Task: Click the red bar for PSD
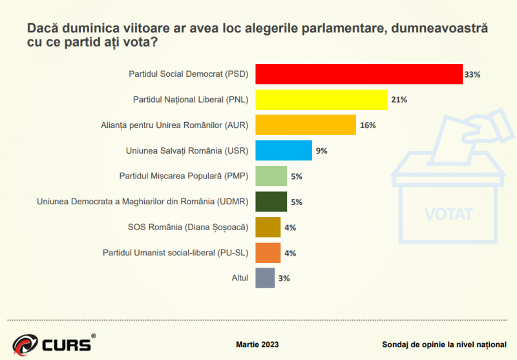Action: click(x=359, y=74)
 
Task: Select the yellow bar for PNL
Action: click(x=321, y=100)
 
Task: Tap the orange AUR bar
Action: click(x=306, y=125)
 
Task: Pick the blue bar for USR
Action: click(x=284, y=150)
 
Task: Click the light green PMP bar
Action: click(x=271, y=176)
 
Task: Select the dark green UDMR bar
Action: click(x=271, y=202)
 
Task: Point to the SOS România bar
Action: click(x=268, y=227)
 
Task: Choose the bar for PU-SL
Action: click(x=268, y=253)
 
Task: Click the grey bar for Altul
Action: click(x=265, y=278)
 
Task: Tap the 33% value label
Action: click(x=472, y=75)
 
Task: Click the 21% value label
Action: click(x=399, y=100)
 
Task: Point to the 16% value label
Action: click(x=368, y=125)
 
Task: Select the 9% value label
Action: click(x=321, y=151)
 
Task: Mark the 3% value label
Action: click(x=284, y=279)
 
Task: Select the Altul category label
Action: click(x=240, y=279)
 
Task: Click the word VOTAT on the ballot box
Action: click(x=449, y=214)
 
